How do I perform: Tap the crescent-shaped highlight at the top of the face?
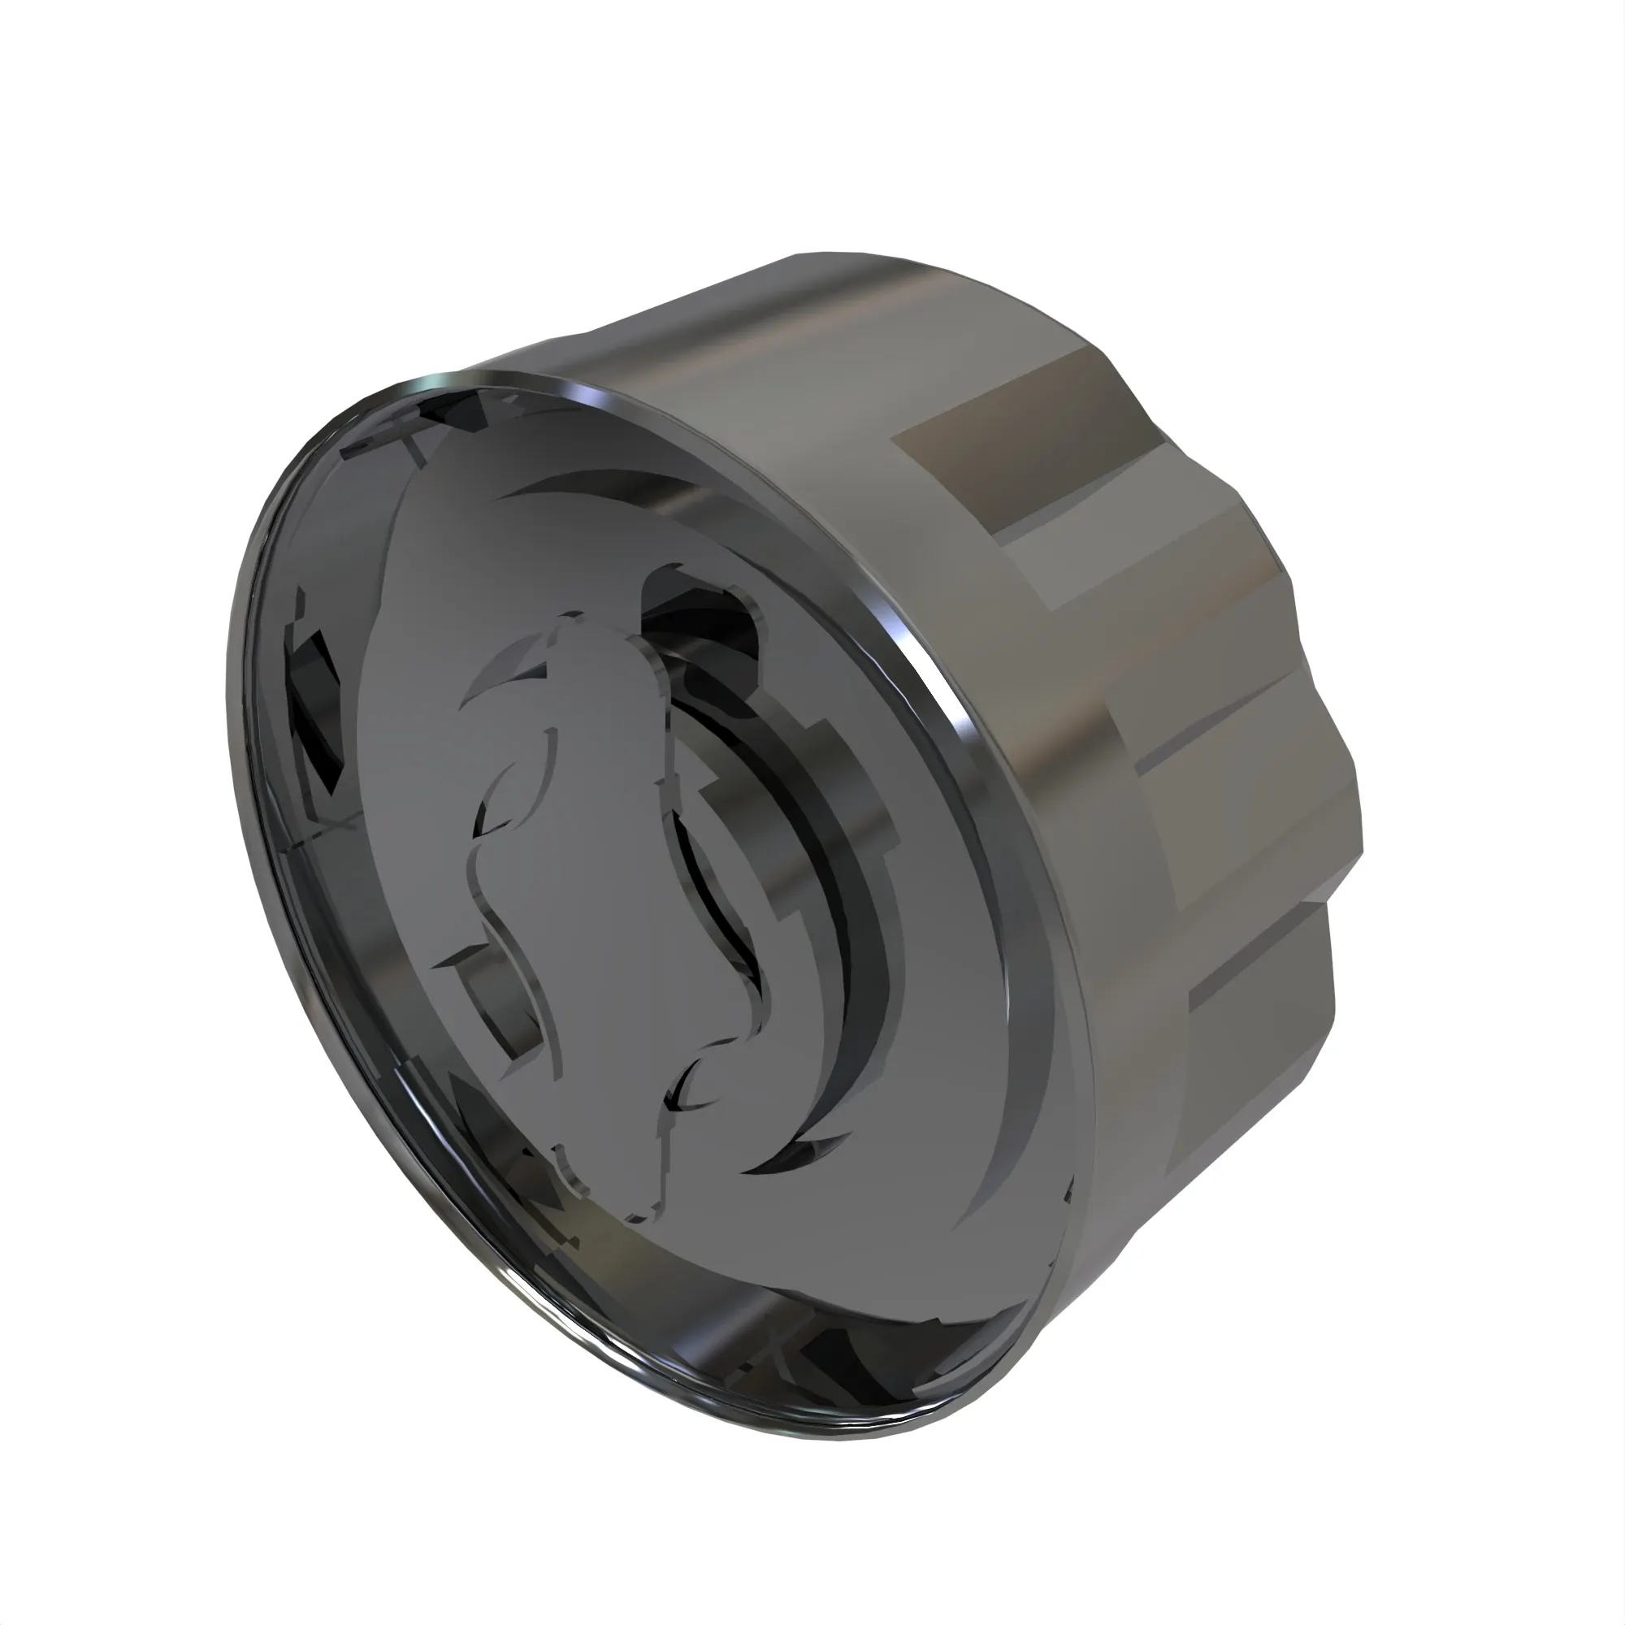[x=589, y=483]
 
